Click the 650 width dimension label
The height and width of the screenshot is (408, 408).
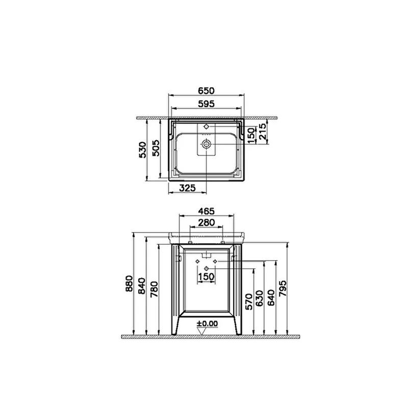coord(206,91)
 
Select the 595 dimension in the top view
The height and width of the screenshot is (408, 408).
coord(206,104)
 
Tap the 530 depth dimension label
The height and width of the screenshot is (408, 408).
coord(143,150)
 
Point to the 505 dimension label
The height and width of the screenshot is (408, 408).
coord(156,148)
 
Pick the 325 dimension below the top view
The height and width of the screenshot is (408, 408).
coord(187,188)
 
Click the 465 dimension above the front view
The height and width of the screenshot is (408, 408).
coord(206,211)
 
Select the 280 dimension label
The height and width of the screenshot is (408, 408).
coord(207,223)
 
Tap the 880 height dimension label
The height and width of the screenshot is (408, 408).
coord(129,284)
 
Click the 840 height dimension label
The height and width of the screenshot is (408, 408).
coord(142,286)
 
